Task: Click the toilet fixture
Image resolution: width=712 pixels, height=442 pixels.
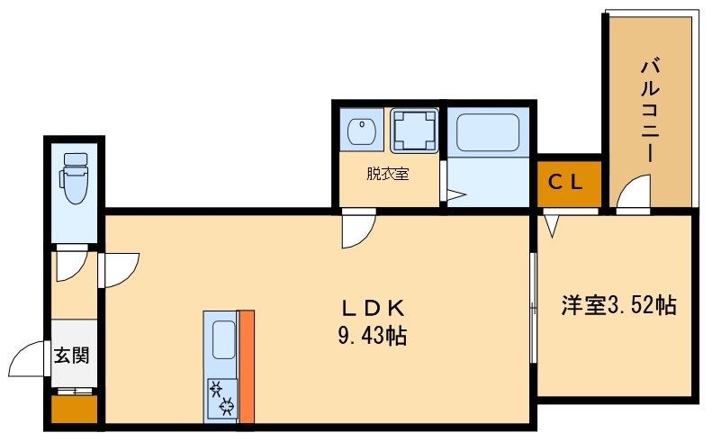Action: (x=75, y=178)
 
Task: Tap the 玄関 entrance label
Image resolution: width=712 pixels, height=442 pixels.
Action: (x=72, y=356)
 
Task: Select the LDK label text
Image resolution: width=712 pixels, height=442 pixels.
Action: (x=373, y=310)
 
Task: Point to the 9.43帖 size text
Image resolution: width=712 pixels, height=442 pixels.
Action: (x=373, y=336)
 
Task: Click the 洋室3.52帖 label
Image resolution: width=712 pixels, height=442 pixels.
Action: (x=619, y=305)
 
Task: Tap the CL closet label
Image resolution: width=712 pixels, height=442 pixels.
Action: (x=565, y=183)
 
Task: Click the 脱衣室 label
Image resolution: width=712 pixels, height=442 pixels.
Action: (x=388, y=174)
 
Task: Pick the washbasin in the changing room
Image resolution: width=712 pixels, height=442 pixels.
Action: (x=362, y=131)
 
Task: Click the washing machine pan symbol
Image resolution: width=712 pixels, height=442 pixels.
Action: (x=415, y=131)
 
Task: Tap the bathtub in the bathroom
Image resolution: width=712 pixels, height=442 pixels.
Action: (x=488, y=132)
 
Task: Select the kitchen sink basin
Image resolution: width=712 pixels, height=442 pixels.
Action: (x=224, y=339)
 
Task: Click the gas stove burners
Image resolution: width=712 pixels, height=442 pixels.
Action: (x=221, y=398)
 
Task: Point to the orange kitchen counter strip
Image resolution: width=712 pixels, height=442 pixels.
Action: (x=247, y=366)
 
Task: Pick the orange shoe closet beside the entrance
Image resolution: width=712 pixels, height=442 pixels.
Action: (x=74, y=410)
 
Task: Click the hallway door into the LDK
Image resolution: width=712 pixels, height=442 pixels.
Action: (x=121, y=270)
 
